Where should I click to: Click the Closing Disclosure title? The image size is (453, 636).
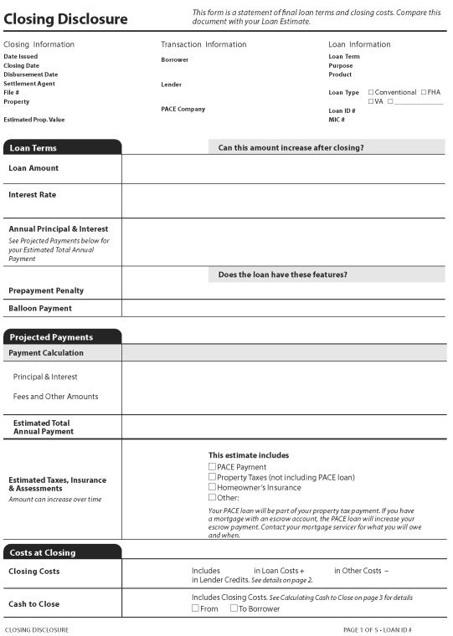65,18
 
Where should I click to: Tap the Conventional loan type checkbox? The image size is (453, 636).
371,92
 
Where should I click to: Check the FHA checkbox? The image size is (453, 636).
424,92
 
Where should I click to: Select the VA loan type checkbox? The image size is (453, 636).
371,101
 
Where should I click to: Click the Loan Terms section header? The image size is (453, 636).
33,148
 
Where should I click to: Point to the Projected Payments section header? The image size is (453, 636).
51,337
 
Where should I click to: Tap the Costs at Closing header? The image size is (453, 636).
43,552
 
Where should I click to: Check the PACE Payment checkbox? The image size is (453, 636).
212,467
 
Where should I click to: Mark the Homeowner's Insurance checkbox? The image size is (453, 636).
212,487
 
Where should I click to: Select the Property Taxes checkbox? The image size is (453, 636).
212,477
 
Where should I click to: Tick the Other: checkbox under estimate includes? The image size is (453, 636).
212,497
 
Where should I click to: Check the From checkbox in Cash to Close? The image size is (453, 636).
195,608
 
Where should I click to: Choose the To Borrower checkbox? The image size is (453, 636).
234,608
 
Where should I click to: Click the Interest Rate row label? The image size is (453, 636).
32,195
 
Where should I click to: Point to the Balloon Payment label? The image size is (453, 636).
40,308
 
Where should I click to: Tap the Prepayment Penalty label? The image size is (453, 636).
46,290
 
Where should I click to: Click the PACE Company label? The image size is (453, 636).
183,109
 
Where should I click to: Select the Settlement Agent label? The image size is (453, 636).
29,84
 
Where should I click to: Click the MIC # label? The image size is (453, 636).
337,120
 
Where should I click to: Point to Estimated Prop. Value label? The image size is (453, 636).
33,120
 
